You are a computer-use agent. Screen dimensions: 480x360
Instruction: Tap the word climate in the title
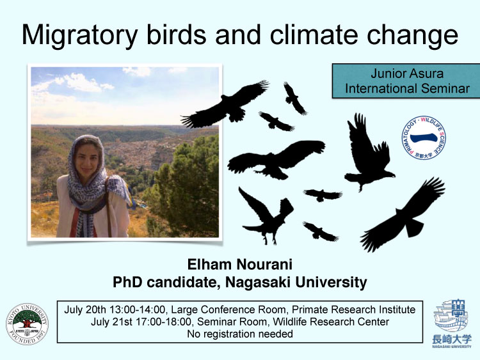[x=314, y=35]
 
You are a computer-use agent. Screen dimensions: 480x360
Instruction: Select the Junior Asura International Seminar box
[x=406, y=81]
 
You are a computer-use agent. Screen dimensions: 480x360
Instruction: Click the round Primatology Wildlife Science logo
[x=424, y=137]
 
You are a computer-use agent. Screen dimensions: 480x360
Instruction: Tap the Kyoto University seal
[x=28, y=324]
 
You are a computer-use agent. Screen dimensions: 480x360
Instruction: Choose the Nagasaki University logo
[x=452, y=324]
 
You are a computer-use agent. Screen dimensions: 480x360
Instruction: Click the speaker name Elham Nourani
[x=240, y=265]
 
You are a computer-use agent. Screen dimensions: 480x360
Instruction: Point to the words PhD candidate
[x=164, y=283]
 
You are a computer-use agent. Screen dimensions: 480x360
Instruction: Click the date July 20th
[x=84, y=309]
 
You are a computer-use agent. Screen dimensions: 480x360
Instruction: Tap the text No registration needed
[x=240, y=334]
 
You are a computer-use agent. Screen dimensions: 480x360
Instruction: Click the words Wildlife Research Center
[x=331, y=322]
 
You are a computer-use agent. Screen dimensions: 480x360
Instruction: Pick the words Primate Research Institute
[x=353, y=309]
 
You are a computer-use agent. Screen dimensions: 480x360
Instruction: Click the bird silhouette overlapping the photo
[x=227, y=105]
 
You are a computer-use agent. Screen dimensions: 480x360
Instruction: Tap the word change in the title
[x=412, y=36]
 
